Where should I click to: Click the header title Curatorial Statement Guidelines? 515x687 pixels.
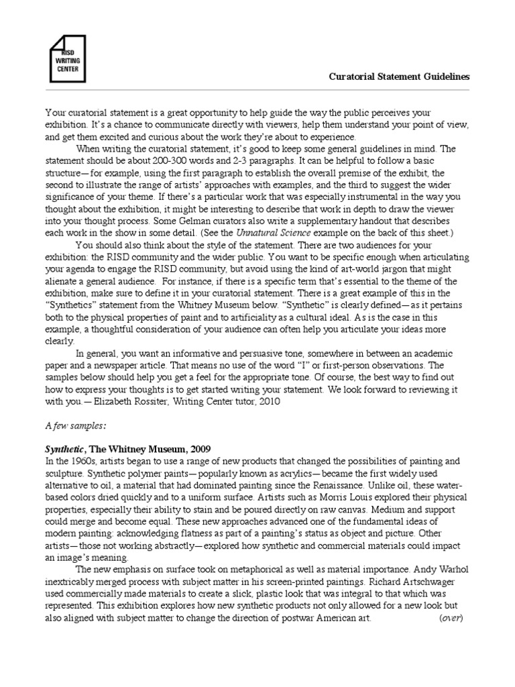(399, 76)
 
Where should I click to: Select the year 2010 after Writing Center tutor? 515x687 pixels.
(262, 401)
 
